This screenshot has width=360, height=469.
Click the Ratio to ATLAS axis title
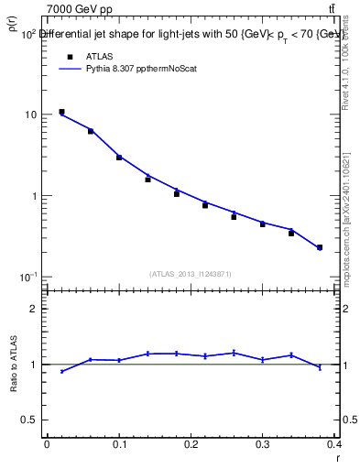tap(13, 365)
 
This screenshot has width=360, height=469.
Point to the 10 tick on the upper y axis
tap(30, 115)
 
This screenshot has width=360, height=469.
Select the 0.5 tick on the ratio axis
tap(28, 420)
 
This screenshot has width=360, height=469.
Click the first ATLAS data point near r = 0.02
tap(61, 112)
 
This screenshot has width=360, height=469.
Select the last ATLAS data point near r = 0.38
tap(320, 247)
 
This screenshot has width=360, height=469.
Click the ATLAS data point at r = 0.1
tap(119, 158)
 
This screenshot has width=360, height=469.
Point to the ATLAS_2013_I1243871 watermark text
tap(191, 274)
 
